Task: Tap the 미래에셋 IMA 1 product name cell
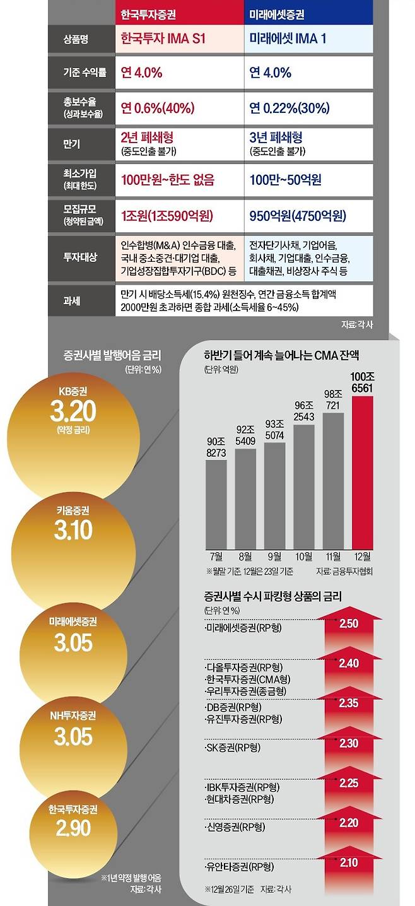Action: click(288, 39)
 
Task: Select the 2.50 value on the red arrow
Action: click(348, 624)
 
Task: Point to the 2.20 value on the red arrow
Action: click(348, 823)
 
